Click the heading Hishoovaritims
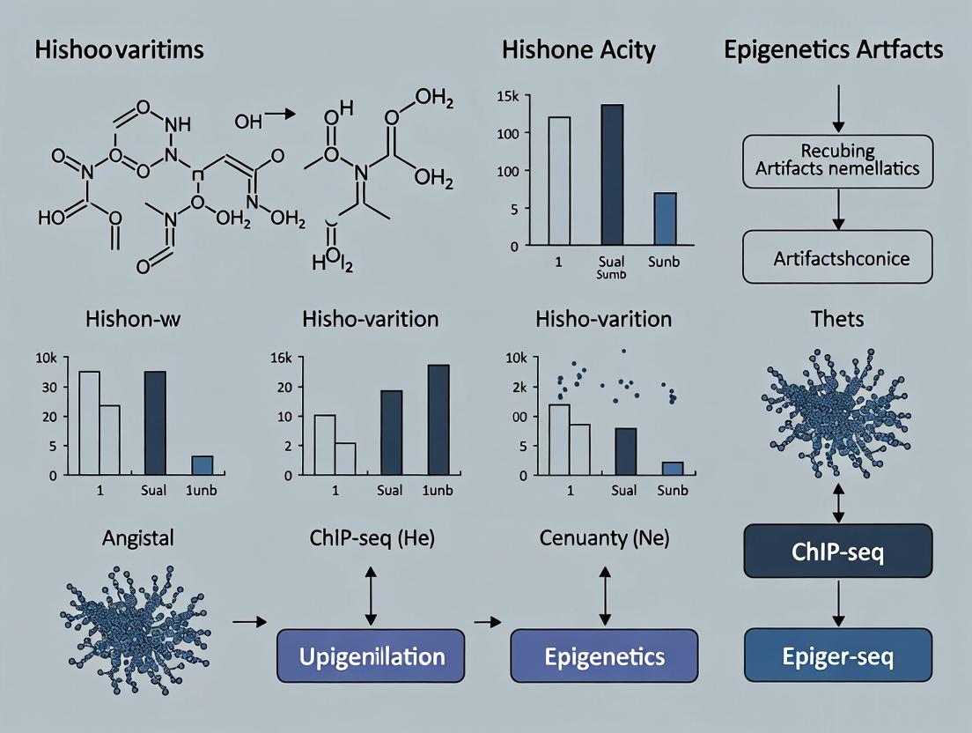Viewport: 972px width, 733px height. click(119, 49)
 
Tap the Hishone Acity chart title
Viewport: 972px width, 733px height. click(578, 49)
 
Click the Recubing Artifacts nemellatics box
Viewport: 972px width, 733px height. click(837, 160)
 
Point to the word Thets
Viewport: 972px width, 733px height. click(837, 318)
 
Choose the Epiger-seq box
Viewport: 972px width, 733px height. click(837, 656)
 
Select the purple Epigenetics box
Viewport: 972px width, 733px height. click(604, 656)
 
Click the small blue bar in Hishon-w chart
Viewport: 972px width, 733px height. click(202, 465)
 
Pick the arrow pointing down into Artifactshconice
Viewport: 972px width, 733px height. click(838, 210)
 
